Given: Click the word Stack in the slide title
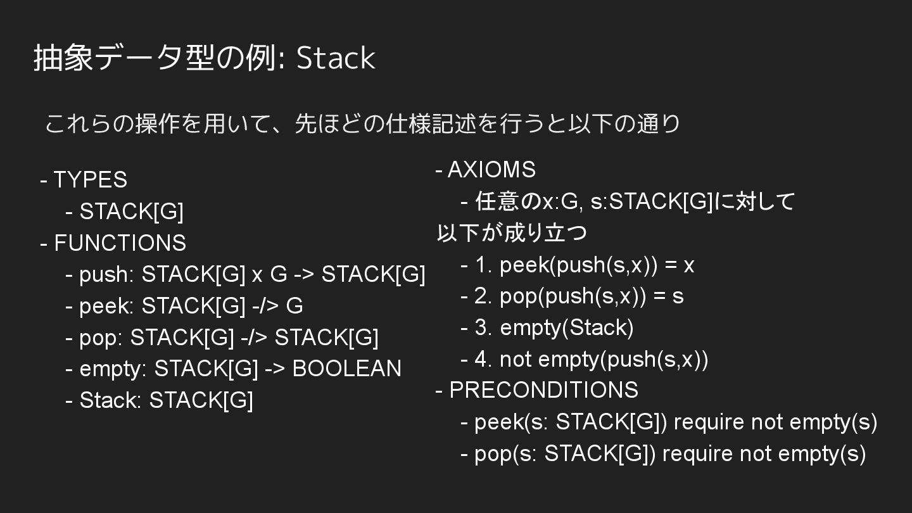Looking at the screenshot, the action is (336, 58).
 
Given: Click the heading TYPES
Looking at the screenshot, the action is (90, 180).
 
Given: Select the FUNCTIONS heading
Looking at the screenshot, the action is (120, 243).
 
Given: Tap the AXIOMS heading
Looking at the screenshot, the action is (491, 170).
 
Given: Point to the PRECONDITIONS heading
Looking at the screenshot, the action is (543, 390).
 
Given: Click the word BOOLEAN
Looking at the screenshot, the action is (346, 369).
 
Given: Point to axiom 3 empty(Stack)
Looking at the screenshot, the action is (566, 327).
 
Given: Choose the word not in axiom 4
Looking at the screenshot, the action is (515, 359).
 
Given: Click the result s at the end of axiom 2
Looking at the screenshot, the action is (678, 296).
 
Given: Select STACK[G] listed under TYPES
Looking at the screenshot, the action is (131, 212).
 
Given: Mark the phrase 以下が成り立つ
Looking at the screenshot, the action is (512, 233).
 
